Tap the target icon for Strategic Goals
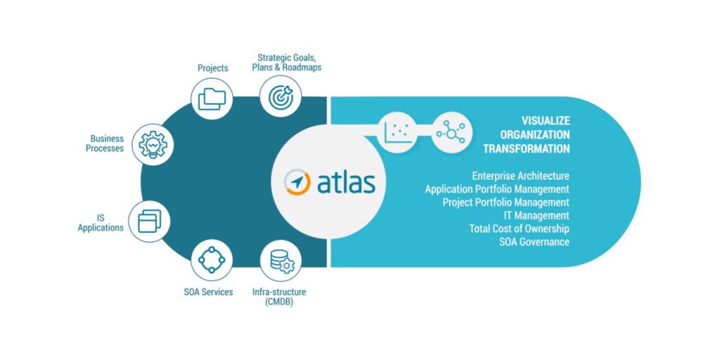click(x=281, y=96)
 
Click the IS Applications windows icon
click(x=150, y=221)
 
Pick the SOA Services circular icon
click(x=212, y=260)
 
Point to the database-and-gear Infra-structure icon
click(x=281, y=260)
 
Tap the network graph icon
click(x=451, y=132)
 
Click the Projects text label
click(x=212, y=68)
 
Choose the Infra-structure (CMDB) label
click(x=279, y=297)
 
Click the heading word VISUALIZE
click(x=546, y=121)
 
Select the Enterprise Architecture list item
click(x=521, y=176)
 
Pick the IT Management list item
click(x=536, y=215)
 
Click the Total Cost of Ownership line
click(x=520, y=229)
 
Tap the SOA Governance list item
click(x=534, y=242)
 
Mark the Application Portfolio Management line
click(x=497, y=189)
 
